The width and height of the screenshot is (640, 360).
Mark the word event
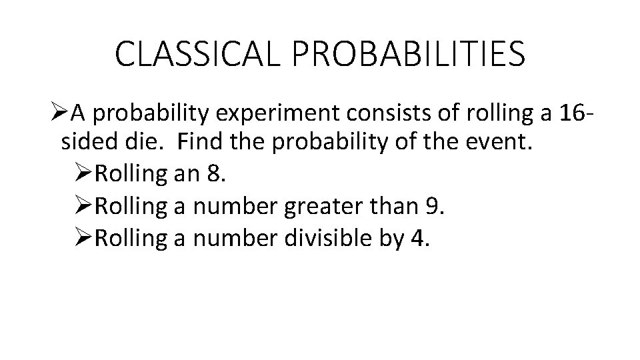point(497,143)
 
